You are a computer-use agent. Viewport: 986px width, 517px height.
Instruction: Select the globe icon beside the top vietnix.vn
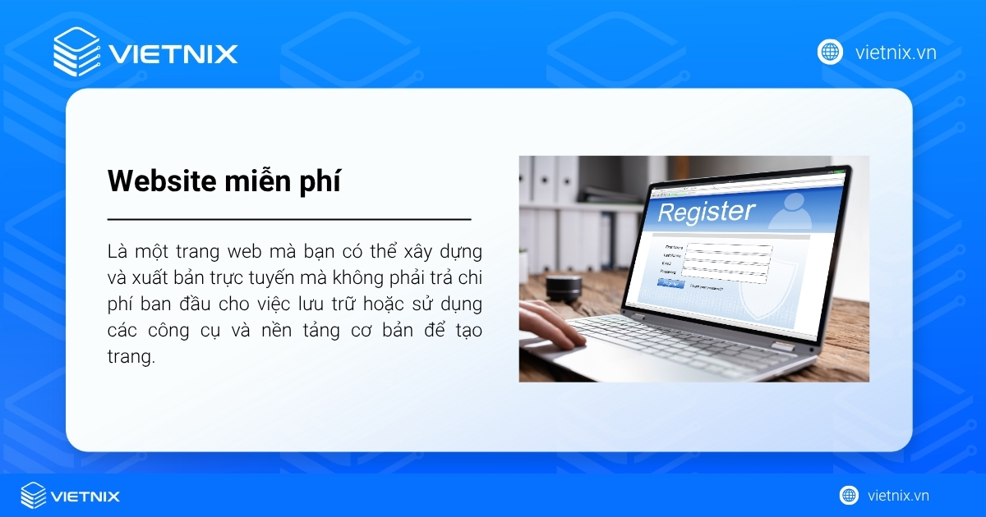pyautogui.click(x=830, y=53)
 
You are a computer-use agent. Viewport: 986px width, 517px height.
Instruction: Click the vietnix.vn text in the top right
pyautogui.click(x=896, y=53)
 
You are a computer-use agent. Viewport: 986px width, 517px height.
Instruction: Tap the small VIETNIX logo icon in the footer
pyautogui.click(x=33, y=496)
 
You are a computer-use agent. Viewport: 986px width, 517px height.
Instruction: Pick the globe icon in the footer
pyautogui.click(x=849, y=496)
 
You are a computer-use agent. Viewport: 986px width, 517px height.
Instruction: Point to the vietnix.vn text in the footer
pyautogui.click(x=898, y=496)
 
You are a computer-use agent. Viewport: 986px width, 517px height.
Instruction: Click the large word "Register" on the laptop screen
pyautogui.click(x=706, y=212)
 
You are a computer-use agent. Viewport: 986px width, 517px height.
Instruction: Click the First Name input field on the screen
pyautogui.click(x=728, y=247)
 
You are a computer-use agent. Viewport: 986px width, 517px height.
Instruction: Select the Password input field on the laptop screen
pyautogui.click(x=724, y=274)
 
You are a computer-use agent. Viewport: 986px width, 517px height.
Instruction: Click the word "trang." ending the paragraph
pyautogui.click(x=131, y=358)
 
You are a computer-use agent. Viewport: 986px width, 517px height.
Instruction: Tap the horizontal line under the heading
pyautogui.click(x=289, y=220)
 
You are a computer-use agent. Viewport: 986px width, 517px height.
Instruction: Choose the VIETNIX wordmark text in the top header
pyautogui.click(x=173, y=54)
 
